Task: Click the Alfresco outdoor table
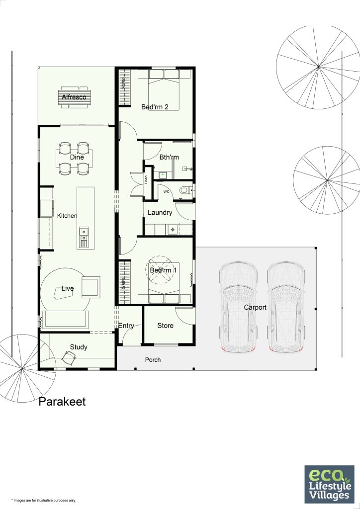click(74, 96)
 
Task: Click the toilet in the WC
click(185, 190)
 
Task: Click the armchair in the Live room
click(90, 287)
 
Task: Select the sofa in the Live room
click(66, 319)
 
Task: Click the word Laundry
click(160, 213)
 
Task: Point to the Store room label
click(165, 326)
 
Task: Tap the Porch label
click(153, 360)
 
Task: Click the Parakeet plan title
click(62, 402)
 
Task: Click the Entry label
click(126, 326)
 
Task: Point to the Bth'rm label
click(169, 158)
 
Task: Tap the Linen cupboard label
click(146, 180)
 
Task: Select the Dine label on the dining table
click(77, 158)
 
